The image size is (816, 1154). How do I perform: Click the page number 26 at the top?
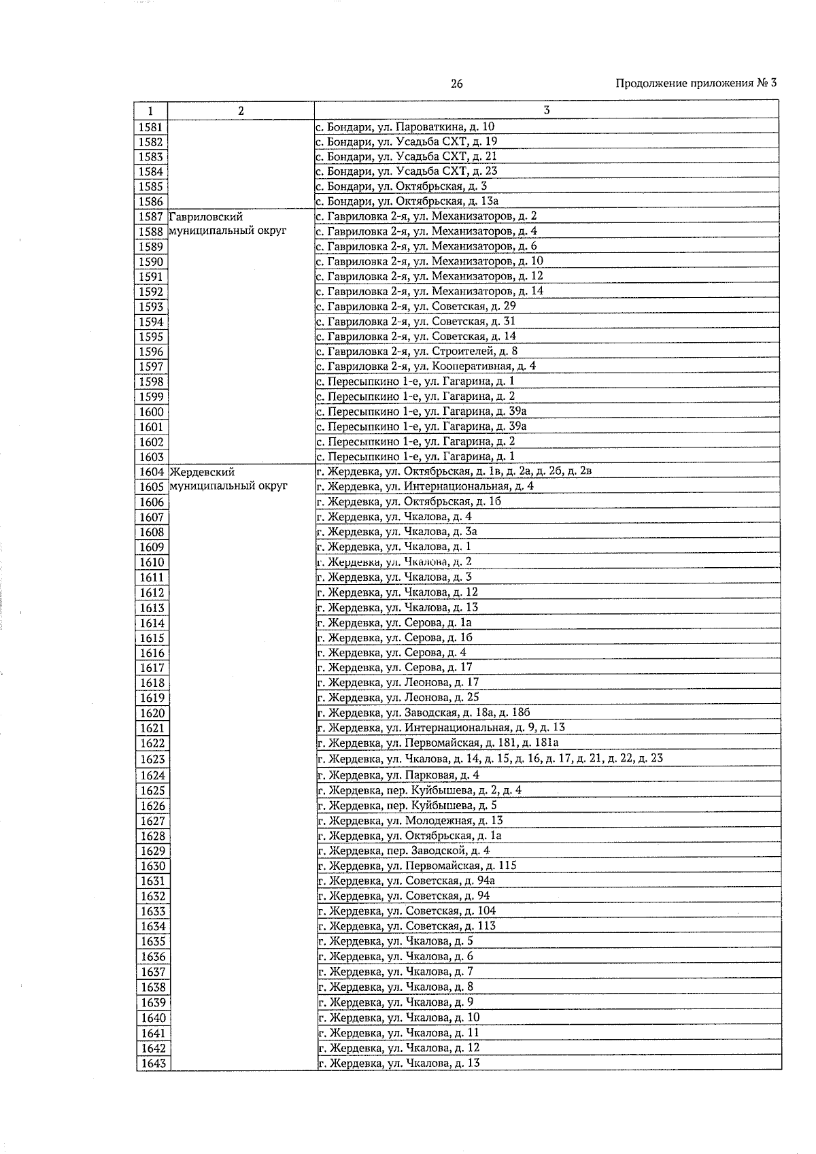[x=456, y=84]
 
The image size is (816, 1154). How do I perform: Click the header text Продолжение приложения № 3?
[x=696, y=84]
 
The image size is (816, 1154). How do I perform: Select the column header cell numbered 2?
[x=241, y=111]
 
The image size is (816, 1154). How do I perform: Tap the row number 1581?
[x=150, y=127]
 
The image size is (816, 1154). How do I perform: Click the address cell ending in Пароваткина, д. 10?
[x=405, y=126]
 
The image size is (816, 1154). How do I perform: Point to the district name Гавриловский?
[x=206, y=217]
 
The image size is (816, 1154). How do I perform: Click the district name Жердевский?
[x=203, y=471]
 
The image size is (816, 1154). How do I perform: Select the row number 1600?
[x=151, y=412]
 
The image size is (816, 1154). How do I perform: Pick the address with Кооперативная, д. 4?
[x=426, y=366]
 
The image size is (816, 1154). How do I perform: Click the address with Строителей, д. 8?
[x=416, y=351]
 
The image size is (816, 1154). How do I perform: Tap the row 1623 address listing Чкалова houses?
[x=490, y=758]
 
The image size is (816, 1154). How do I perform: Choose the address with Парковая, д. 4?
[x=398, y=775]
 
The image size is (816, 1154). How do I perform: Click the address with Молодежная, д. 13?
[x=410, y=821]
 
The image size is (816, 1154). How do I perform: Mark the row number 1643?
[x=153, y=1064]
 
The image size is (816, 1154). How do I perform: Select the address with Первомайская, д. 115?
[x=417, y=866]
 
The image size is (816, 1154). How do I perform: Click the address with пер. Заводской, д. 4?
[x=403, y=851]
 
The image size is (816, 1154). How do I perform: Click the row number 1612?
[x=152, y=593]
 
